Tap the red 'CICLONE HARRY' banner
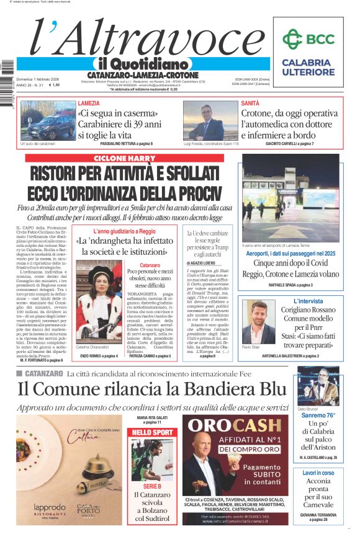pos(124,158)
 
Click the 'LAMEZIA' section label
pos(89,103)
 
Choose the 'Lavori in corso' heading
pos(318,473)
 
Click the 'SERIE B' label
pos(152,487)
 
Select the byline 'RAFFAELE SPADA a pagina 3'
pos(289,285)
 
